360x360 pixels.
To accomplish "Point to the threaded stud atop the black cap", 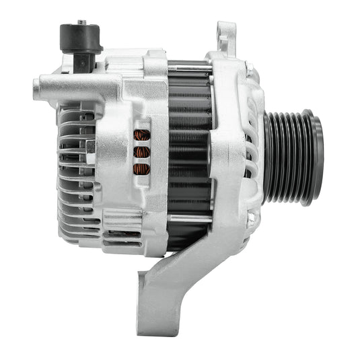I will [x=81, y=22].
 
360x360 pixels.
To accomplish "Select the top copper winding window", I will [x=141, y=135].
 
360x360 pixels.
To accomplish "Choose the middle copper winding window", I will [x=141, y=152].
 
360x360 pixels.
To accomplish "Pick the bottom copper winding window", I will [x=141, y=168].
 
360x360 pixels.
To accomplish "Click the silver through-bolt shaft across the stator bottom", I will [x=188, y=217].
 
